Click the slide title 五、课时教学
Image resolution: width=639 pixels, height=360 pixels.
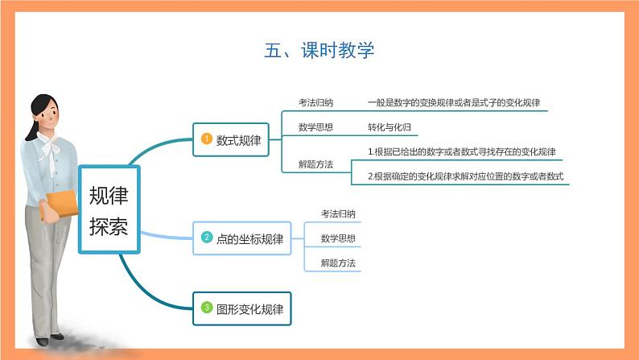pyautogui.click(x=319, y=51)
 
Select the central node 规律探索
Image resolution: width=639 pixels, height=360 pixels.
pyautogui.click(x=109, y=210)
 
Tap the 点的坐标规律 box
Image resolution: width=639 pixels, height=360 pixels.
pyautogui.click(x=241, y=238)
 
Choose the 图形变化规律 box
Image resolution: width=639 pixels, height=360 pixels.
pyautogui.click(x=241, y=307)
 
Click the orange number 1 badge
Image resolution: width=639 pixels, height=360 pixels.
pyautogui.click(x=206, y=140)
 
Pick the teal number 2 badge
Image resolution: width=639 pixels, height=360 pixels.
pyautogui.click(x=206, y=238)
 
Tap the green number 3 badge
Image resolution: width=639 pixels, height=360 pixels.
pyautogui.click(x=206, y=307)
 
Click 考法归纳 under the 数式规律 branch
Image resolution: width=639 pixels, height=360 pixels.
pyautogui.click(x=315, y=103)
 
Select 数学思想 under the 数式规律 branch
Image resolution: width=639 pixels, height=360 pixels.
pyautogui.click(x=315, y=127)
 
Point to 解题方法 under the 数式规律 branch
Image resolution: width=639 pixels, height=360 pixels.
pyautogui.click(x=315, y=164)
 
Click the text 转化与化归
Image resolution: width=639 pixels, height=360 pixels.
pyautogui.click(x=390, y=127)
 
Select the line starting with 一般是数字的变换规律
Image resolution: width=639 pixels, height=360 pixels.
pyautogui.click(x=453, y=103)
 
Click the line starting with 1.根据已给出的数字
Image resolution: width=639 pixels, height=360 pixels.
pyautogui.click(x=462, y=151)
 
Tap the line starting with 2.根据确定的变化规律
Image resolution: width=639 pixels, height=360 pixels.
pyautogui.click(x=465, y=176)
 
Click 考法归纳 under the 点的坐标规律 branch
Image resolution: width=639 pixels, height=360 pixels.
pyautogui.click(x=338, y=214)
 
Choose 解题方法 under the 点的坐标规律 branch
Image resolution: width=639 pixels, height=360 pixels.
pyautogui.click(x=338, y=263)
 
